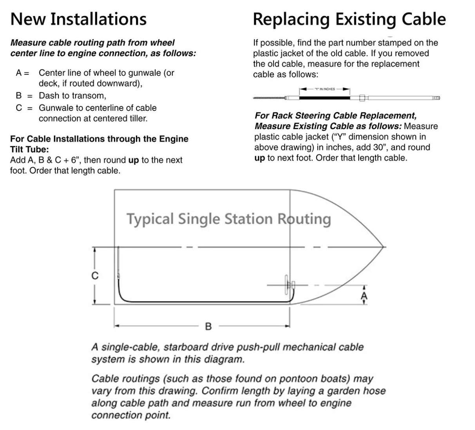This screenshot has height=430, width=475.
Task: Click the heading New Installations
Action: coord(78,19)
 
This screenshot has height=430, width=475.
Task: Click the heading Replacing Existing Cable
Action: coord(349,19)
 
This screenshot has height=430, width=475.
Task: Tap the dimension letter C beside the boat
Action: coord(95,276)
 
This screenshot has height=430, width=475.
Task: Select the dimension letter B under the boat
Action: coord(208,326)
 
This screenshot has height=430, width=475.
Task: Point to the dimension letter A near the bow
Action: coord(364,296)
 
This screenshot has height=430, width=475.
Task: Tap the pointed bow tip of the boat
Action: coord(383,247)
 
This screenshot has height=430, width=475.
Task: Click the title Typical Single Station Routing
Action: coord(228,219)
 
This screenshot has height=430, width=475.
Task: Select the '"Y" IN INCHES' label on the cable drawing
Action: coord(325,89)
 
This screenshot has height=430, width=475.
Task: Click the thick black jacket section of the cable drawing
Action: coord(324,98)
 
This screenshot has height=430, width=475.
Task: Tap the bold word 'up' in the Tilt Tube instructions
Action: coord(133,160)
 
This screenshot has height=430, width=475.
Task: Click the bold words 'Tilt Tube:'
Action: coord(29,150)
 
